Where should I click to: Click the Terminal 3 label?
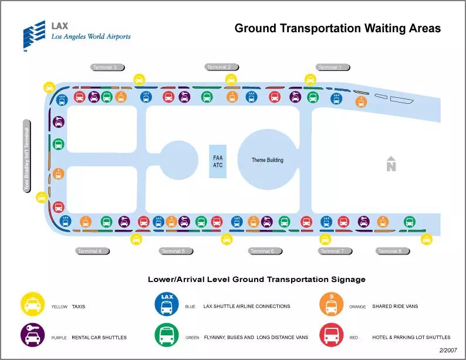pyautogui.click(x=106, y=67)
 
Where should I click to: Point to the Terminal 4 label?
pyautogui.click(x=92, y=251)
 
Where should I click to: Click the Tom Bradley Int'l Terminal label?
pyautogui.click(x=26, y=155)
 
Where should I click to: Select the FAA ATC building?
pyautogui.click(x=218, y=161)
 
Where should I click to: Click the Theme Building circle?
pyautogui.click(x=268, y=159)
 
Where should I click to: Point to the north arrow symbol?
pyautogui.click(x=391, y=165)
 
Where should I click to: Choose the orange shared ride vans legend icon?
pyautogui.click(x=331, y=305)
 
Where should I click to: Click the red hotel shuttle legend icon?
pyautogui.click(x=331, y=336)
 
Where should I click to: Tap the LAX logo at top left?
pyautogui.click(x=35, y=36)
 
